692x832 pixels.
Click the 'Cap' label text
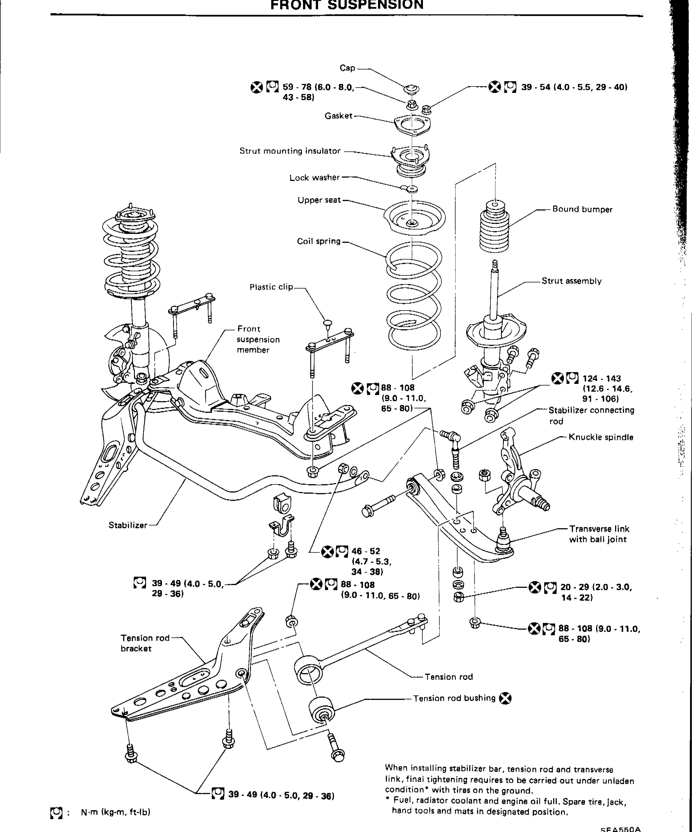(x=347, y=68)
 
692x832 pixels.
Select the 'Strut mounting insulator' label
(x=290, y=151)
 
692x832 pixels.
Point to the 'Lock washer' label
(x=314, y=178)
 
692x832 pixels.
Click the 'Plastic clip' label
(x=271, y=287)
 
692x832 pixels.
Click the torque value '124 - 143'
(x=602, y=378)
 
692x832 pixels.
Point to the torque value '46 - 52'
(x=365, y=551)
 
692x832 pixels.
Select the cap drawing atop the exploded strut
(x=412, y=89)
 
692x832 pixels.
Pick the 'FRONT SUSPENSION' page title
(x=347, y=5)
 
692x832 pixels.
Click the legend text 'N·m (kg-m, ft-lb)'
(x=115, y=812)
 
